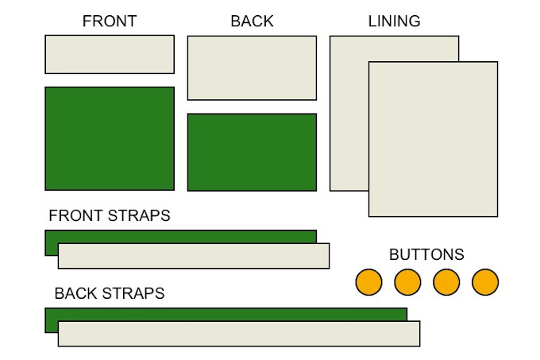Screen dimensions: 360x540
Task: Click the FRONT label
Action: pyautogui.click(x=110, y=21)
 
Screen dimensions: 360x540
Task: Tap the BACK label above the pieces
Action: pyautogui.click(x=252, y=21)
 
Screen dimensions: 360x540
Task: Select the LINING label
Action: pyautogui.click(x=394, y=21)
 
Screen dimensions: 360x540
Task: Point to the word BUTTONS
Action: pyautogui.click(x=426, y=255)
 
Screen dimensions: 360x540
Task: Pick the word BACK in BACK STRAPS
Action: pyautogui.click(x=76, y=293)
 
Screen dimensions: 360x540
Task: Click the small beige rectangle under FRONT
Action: pyautogui.click(x=110, y=54)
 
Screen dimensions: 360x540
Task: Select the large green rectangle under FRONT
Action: pyautogui.click(x=110, y=138)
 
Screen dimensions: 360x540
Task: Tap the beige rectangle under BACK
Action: pyautogui.click(x=252, y=68)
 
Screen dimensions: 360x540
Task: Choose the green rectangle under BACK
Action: pyautogui.click(x=252, y=152)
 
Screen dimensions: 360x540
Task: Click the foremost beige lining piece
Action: pyautogui.click(x=433, y=139)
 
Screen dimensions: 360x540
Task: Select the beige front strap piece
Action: pyautogui.click(x=194, y=256)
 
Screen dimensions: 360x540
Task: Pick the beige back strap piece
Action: pyautogui.click(x=238, y=334)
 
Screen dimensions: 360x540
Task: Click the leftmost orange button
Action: pyautogui.click(x=368, y=282)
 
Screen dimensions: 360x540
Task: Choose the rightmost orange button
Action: pyautogui.click(x=485, y=282)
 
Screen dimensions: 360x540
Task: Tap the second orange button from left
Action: pyautogui.click(x=407, y=282)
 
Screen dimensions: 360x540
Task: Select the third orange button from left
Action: pyautogui.click(x=446, y=282)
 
